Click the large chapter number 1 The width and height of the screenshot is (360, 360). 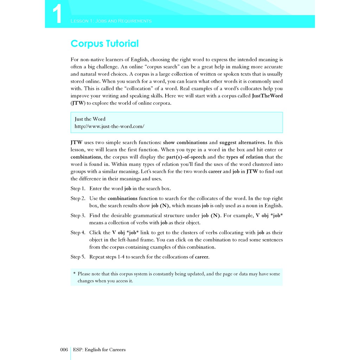[57, 15]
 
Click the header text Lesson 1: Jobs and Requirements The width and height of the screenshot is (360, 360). [111, 21]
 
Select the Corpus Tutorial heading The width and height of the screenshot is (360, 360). [104, 44]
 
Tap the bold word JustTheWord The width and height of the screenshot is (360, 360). [267, 96]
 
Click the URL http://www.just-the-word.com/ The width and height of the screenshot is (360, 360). [109, 126]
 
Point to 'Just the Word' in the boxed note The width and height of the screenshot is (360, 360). [90, 119]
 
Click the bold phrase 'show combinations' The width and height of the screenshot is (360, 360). [185, 142]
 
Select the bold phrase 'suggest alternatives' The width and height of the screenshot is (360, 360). [242, 142]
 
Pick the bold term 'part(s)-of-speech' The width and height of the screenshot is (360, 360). [186, 157]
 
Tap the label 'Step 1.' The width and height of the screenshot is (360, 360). [78, 188]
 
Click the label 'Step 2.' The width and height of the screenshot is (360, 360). [78, 198]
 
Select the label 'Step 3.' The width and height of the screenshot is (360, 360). [78, 215]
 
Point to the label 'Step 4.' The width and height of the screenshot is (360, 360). [78, 232]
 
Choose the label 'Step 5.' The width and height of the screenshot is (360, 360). [78, 257]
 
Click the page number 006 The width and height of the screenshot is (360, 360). [64, 349]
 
